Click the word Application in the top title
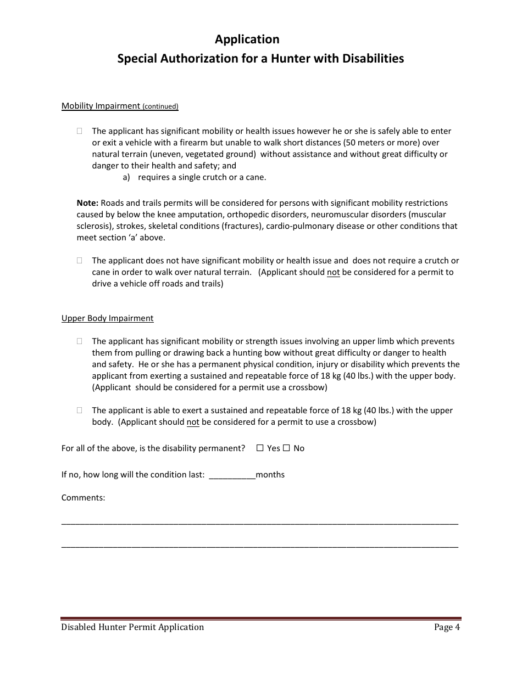[247, 40]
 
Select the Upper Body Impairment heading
[107, 318]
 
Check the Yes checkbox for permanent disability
[260, 448]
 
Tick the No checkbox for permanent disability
[286, 448]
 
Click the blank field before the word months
[232, 475]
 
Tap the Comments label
[83, 498]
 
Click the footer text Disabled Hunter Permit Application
[132, 627]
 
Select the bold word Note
[87, 203]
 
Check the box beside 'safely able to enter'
[80, 131]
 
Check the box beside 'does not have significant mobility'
[80, 261]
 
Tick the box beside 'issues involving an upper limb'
[80, 341]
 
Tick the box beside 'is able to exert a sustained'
[80, 410]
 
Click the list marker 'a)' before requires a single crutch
[126, 177]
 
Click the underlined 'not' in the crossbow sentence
[193, 423]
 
